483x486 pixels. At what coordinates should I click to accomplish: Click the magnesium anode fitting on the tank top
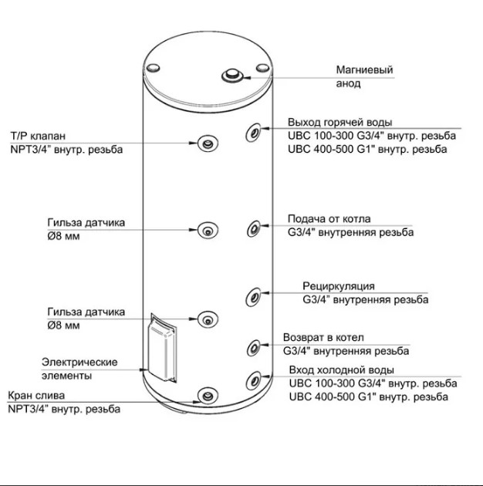[232, 75]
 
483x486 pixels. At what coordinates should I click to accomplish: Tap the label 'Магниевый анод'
[364, 77]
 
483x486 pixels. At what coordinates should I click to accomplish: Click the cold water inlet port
[254, 379]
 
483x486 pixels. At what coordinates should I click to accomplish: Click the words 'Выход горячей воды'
[339, 122]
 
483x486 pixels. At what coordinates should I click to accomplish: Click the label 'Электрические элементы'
[79, 369]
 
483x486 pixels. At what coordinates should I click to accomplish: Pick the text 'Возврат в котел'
[323, 338]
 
